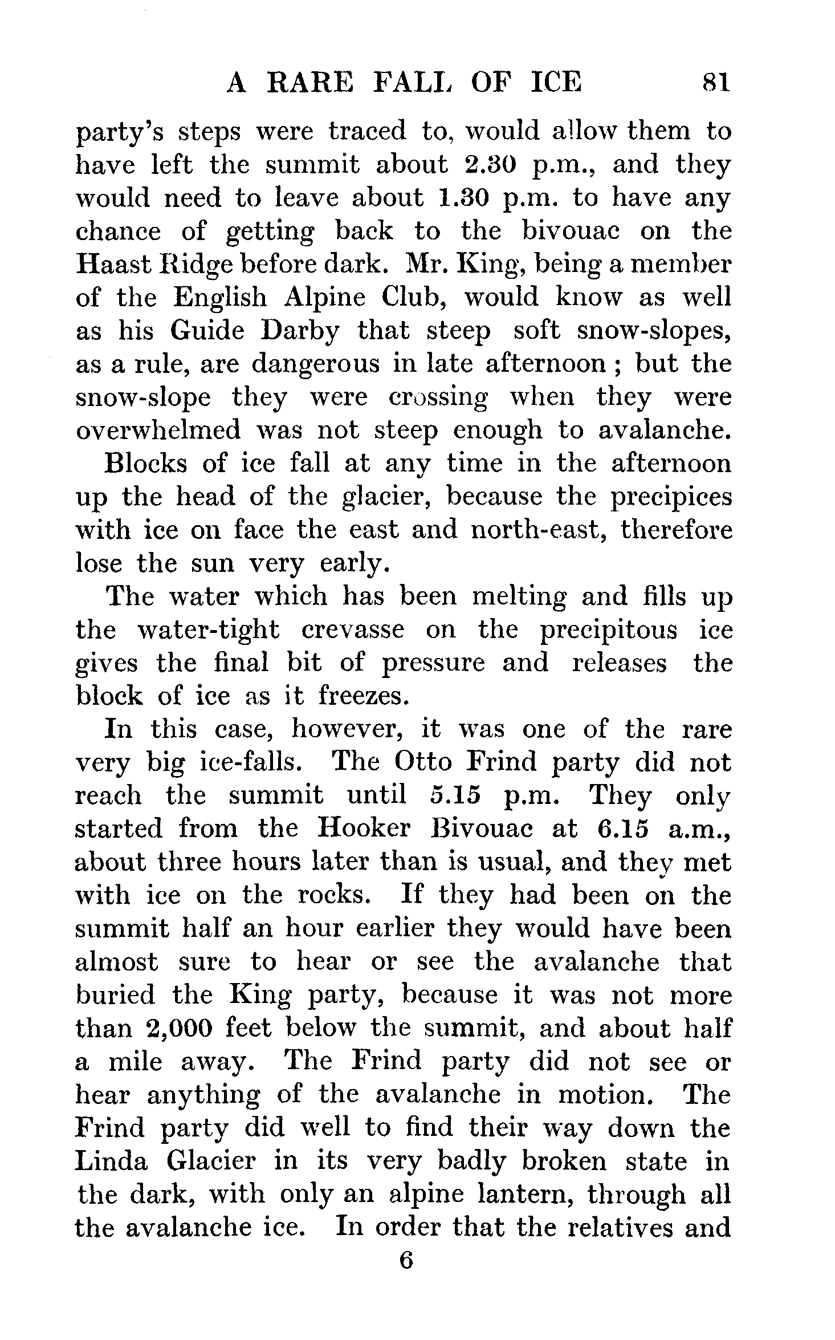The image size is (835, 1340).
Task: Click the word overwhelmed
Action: click(158, 431)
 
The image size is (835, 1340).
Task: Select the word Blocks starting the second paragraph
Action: click(145, 463)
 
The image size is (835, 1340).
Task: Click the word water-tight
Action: click(209, 630)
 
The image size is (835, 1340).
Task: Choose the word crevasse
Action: click(352, 630)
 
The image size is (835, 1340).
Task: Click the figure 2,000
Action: click(180, 1028)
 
